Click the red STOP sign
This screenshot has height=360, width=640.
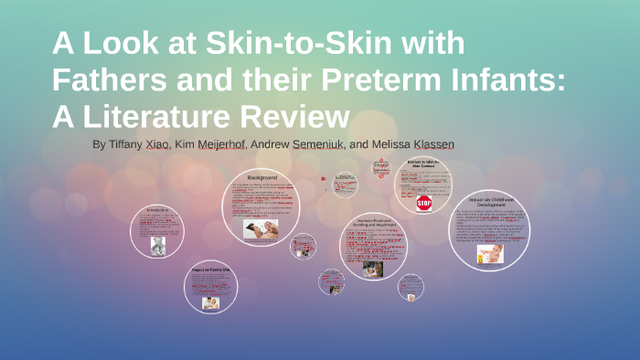pos(423,203)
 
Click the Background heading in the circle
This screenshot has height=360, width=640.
pos(261,176)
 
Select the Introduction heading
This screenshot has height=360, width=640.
pos(157,209)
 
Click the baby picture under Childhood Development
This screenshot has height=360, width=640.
pos(490,253)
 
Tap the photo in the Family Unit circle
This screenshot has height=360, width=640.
pos(211,302)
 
